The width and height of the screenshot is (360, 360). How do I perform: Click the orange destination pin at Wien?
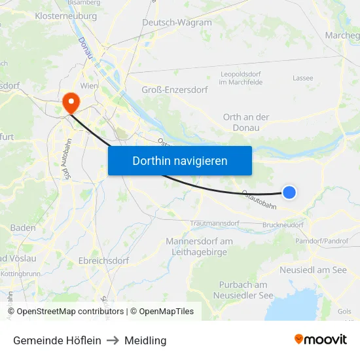[x=69, y=101]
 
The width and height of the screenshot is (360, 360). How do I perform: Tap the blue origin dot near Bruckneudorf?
[x=289, y=192]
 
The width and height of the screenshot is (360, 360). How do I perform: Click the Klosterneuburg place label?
[x=65, y=15]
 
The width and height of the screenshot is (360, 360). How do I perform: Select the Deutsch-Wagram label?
[x=177, y=22]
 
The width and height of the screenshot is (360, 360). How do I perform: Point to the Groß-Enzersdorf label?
[x=173, y=90]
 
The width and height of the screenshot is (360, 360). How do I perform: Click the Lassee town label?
[x=303, y=78]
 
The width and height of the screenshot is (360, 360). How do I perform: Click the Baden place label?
[x=23, y=228]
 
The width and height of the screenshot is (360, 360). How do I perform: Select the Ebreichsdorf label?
[x=103, y=261]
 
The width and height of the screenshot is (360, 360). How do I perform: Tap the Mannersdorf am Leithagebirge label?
[x=199, y=246]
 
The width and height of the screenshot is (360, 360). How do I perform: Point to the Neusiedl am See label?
[x=313, y=270]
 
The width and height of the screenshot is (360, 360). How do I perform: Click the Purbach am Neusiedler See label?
[x=243, y=290]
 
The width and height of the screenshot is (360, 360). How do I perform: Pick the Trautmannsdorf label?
[x=214, y=223]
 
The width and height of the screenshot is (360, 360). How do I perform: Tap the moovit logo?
[x=320, y=339]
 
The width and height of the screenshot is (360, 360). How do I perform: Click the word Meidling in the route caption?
[x=146, y=340]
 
